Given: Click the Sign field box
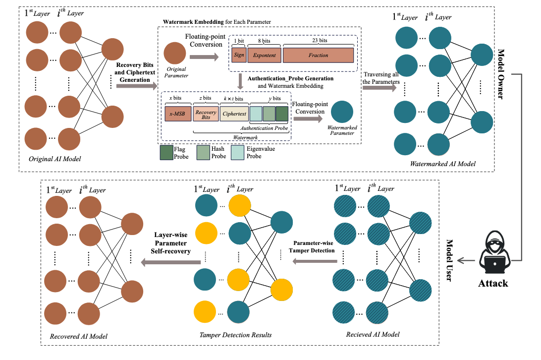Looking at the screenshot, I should click(239, 55).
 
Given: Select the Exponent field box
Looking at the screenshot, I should click(264, 55).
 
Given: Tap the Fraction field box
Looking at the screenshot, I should click(318, 55).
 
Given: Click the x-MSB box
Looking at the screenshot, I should click(177, 114).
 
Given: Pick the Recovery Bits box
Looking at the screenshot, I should click(205, 114).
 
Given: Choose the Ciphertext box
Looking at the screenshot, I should click(234, 114).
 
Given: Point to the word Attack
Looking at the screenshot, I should click(493, 284).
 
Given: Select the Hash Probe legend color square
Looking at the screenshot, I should click(203, 152).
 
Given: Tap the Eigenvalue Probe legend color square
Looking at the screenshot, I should click(238, 152).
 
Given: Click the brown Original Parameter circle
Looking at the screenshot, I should click(175, 54).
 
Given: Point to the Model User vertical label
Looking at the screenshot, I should click(450, 260).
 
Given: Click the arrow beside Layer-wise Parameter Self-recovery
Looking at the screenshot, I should click(171, 262).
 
